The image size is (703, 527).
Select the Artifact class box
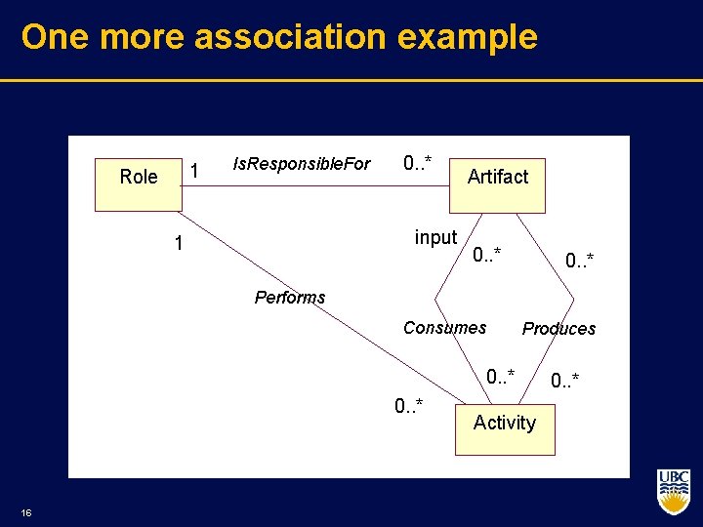pos(497,184)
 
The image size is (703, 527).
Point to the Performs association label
pos(289,298)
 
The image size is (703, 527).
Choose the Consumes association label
pos(444,328)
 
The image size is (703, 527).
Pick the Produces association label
pos(558,329)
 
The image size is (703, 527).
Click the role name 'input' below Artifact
pos(435,237)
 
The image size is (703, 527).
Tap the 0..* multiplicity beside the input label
pos(486,257)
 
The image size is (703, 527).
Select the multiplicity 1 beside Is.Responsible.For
pos(194,172)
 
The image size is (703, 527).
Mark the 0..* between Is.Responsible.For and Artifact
pos(418,162)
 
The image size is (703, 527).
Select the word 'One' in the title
pos(55,37)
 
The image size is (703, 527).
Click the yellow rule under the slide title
pos(351,80)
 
